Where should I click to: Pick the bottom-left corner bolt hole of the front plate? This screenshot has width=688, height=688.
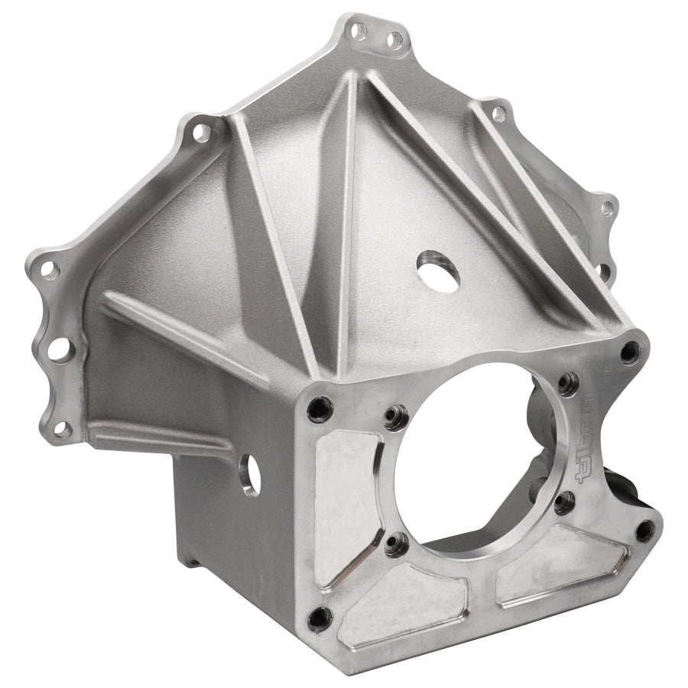[x=319, y=617]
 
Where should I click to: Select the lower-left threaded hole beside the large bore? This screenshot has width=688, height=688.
[x=394, y=544]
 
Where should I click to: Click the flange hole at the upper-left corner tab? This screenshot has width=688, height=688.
[x=201, y=132]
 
